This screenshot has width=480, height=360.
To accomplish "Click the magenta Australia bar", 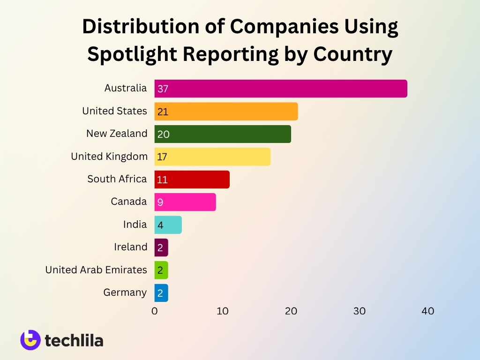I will pyautogui.click(x=281, y=89).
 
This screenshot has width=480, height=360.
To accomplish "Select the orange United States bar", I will pyautogui.click(x=226, y=112).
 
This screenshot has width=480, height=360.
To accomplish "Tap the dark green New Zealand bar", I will pyautogui.click(x=223, y=134).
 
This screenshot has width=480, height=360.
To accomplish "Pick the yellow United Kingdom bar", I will pyautogui.click(x=213, y=157).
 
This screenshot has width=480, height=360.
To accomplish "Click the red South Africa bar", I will pyautogui.click(x=193, y=179).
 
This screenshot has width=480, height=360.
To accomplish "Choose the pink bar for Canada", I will pyautogui.click(x=186, y=202).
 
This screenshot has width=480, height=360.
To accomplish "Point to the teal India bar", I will pyautogui.click(x=168, y=225).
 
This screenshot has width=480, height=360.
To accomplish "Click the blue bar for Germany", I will pyautogui.click(x=161, y=293).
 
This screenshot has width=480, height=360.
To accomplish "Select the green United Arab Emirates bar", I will pyautogui.click(x=161, y=270).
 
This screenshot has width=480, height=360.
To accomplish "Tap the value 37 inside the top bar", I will pyautogui.click(x=163, y=89).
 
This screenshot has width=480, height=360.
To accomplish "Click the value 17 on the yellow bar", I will pyautogui.click(x=162, y=157).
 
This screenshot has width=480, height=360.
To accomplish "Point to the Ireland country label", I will pyautogui.click(x=130, y=247).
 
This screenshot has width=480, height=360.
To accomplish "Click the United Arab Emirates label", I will pyautogui.click(x=96, y=270).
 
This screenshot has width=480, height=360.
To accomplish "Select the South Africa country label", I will pyautogui.click(x=117, y=179).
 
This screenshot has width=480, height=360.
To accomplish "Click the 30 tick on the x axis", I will pyautogui.click(x=360, y=311).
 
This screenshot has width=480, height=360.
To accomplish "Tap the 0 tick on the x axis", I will pyautogui.click(x=155, y=311).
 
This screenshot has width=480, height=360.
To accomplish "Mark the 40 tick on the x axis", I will pyautogui.click(x=427, y=311).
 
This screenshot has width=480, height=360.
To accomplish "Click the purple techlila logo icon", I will pyautogui.click(x=30, y=340).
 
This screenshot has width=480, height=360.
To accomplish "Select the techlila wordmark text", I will pyautogui.click(x=74, y=340).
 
